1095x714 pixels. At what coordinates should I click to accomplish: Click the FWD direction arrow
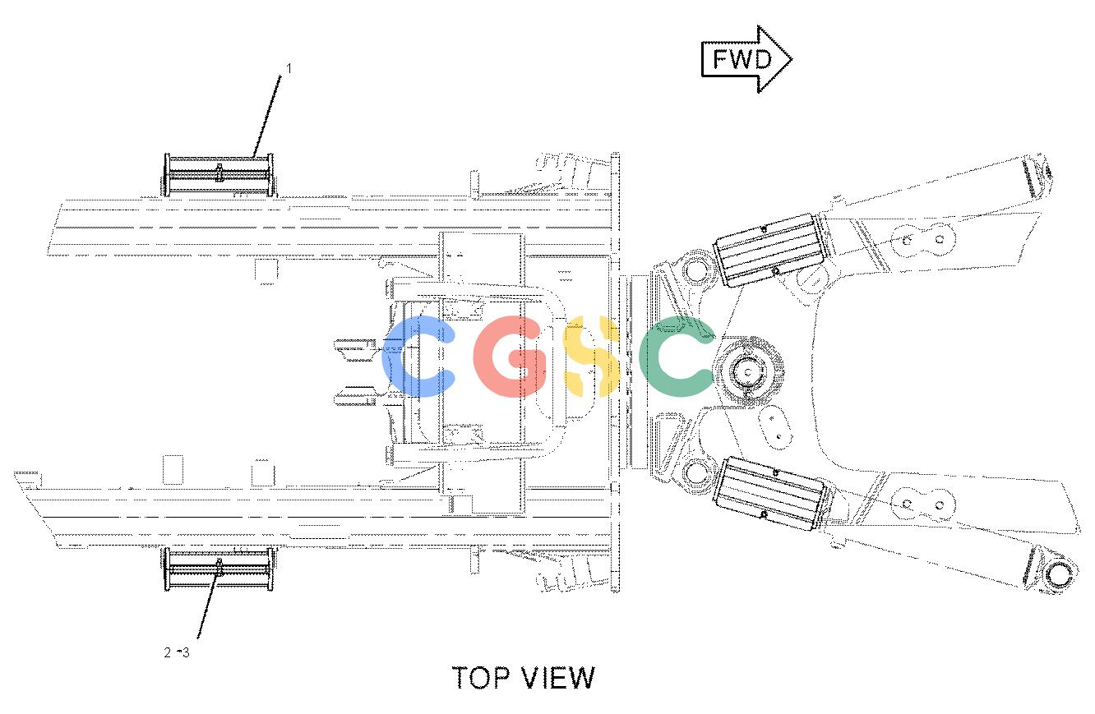746,59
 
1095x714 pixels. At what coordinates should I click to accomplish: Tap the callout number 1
289,69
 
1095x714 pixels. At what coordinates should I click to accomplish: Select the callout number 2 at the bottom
168,652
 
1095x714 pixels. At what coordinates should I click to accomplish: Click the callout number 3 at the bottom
185,652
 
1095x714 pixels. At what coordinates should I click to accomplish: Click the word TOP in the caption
482,677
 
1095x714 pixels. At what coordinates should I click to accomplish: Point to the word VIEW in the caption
558,677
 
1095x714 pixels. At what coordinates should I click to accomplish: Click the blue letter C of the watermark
418,356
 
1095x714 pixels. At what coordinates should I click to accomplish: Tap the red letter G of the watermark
509,356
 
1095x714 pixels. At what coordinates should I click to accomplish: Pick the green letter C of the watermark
676,356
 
